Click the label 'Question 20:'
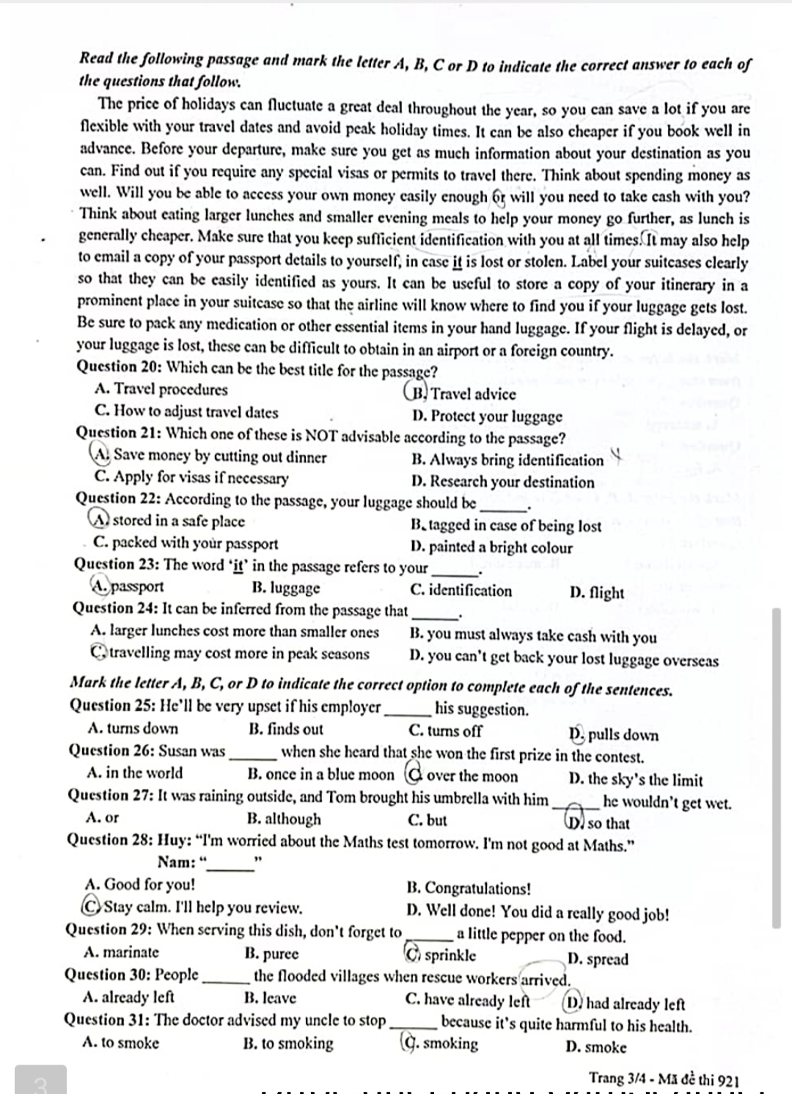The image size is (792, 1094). (x=120, y=367)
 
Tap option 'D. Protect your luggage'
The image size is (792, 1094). (x=487, y=416)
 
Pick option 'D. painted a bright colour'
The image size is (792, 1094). (x=491, y=547)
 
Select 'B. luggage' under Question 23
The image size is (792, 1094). (x=285, y=588)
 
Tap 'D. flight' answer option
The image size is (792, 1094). (x=596, y=592)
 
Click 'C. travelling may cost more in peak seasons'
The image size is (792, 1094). (x=230, y=653)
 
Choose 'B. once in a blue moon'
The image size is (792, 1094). (x=320, y=774)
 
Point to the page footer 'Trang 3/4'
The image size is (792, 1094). (x=615, y=1078)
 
